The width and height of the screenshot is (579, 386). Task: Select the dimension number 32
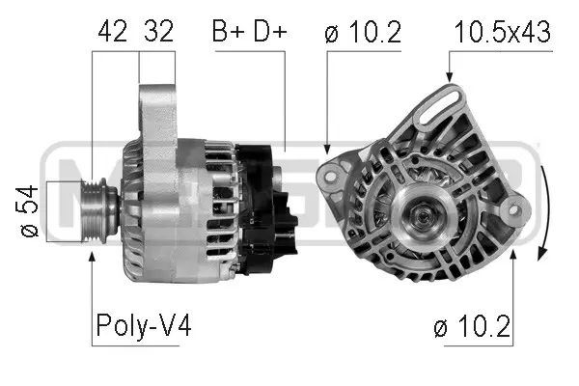pos(157,32)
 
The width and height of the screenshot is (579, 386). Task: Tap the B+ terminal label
pos(230,32)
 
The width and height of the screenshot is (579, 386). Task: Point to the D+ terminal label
pos(270,32)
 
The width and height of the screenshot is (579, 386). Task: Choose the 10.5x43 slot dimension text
pos(502,32)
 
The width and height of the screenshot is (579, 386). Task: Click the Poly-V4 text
pos(143,327)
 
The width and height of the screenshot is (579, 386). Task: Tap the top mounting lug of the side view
pos(157,106)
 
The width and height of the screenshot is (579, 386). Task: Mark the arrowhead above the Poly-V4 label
pos(92,255)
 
